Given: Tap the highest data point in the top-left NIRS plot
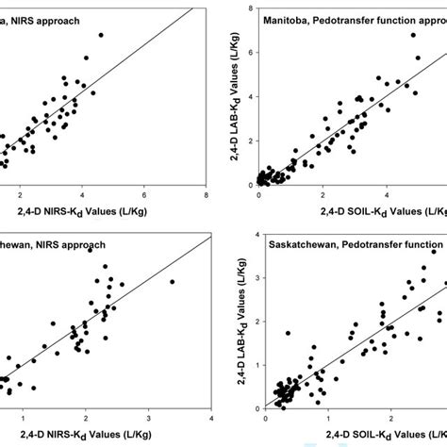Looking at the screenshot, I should (101, 35).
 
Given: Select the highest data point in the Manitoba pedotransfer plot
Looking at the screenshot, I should (413, 35).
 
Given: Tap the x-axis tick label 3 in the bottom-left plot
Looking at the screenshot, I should (148, 418).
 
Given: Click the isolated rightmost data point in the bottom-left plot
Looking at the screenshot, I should (172, 282).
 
